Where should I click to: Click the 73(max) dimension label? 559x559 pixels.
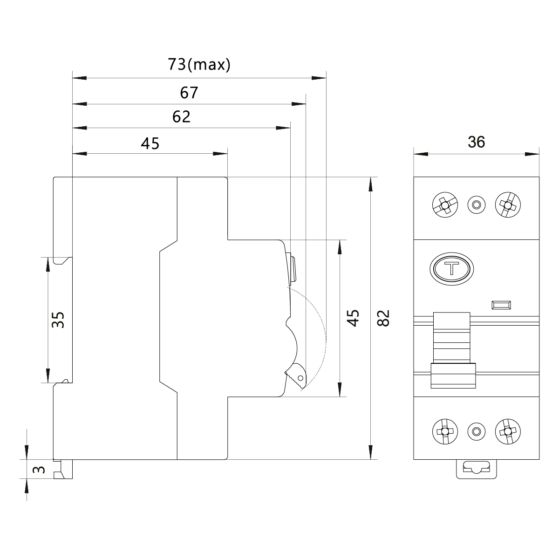pos(199,65)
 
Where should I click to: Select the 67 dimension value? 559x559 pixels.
pos(189,93)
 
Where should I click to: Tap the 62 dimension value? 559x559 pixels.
pos(181,116)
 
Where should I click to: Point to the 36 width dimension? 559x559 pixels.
pos(476,142)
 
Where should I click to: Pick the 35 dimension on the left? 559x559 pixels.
pos(58,320)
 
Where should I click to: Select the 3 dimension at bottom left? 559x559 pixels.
pos(41,470)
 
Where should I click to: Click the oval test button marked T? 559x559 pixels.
pos(451,269)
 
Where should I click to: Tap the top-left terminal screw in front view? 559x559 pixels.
pos(445,205)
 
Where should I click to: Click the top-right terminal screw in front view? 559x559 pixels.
pos(508,205)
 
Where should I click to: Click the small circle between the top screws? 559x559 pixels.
pos(476,205)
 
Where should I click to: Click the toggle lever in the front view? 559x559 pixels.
pos(452,349)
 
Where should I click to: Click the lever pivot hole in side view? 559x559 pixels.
pos(300,378)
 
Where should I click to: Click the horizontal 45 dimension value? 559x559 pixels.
pos(150,143)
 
